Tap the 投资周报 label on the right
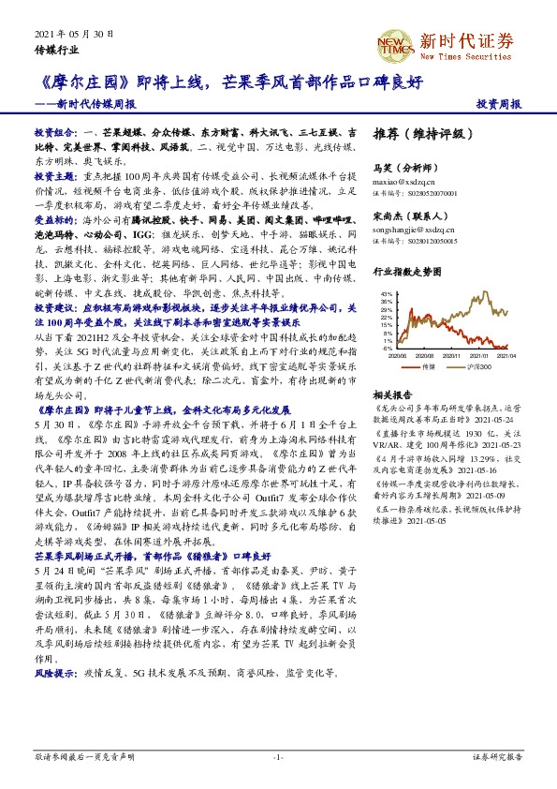coord(498,102)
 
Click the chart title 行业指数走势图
coord(406,270)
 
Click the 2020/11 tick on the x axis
coord(452,355)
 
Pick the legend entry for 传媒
coord(425,366)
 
